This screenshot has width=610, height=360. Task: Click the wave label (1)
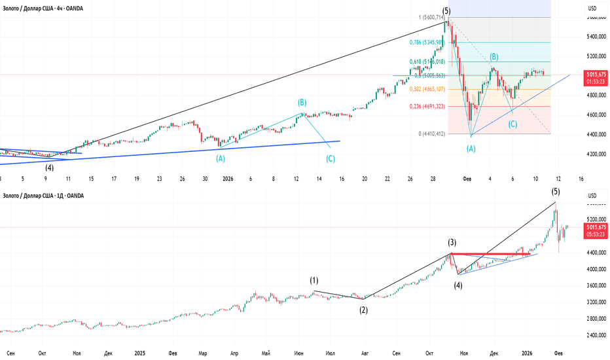[314, 281]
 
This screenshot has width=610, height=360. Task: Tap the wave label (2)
[363, 310]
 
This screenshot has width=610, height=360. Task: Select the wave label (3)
[452, 242]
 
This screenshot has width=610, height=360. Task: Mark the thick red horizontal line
[491, 253]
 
